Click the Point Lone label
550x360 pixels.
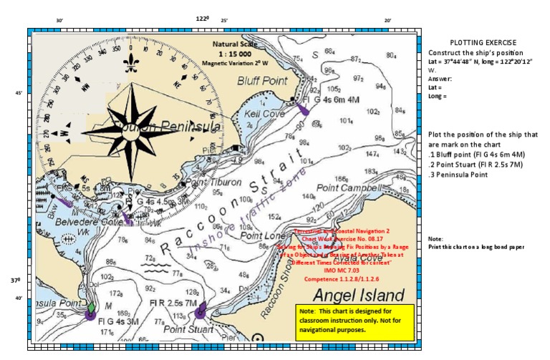pos(259,235)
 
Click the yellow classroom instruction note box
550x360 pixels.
pos(354,322)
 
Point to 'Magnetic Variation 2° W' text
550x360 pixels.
pos(234,64)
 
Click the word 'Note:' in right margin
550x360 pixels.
pos(435,238)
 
